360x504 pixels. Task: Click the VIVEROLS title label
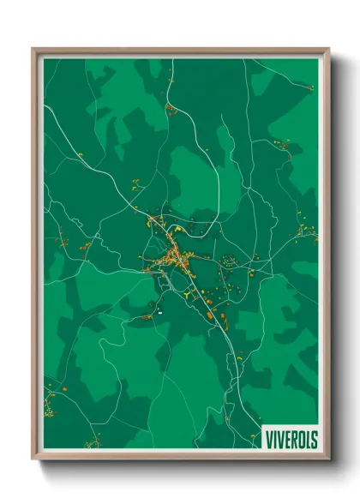pos(290,439)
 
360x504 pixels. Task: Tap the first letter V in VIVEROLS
pos(268,439)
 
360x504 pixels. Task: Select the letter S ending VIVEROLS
pos(313,439)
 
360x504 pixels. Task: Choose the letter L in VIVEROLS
pos(307,439)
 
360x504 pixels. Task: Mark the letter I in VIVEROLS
pos(274,439)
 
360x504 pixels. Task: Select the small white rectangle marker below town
pos(159,314)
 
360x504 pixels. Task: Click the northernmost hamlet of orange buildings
pos(170,108)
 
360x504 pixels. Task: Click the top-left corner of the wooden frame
pos(33,49)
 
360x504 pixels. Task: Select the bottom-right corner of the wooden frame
pos(329,459)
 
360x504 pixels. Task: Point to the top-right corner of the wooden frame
pos(329,49)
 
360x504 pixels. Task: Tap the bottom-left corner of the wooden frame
pos(33,459)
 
